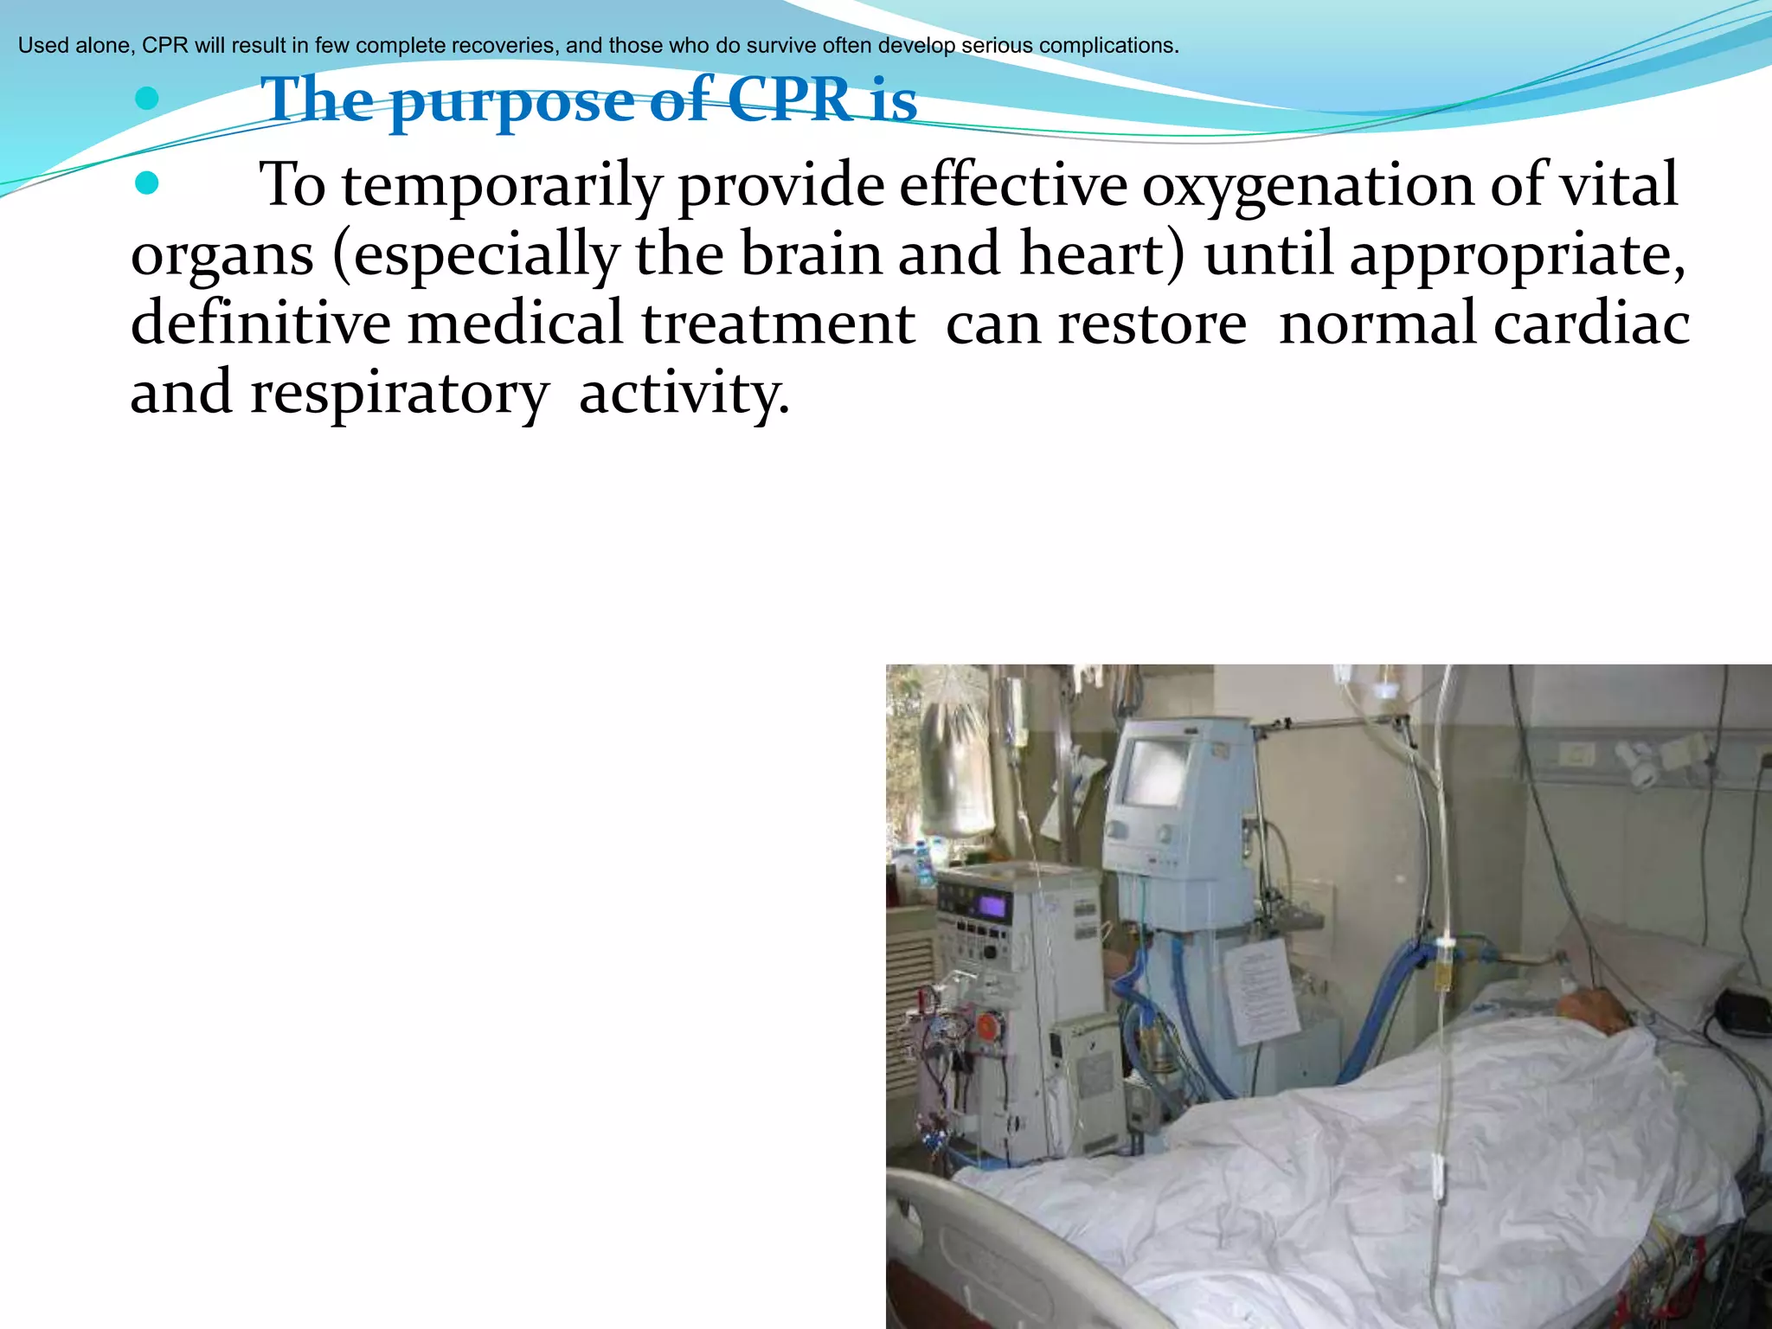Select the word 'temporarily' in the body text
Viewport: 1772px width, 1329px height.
pos(502,186)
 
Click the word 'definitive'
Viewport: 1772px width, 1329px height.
pos(260,323)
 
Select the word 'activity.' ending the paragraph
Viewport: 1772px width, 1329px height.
pos(684,393)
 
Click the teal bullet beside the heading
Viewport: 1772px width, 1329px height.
pos(147,99)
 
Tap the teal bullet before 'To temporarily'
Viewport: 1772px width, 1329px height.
pos(147,183)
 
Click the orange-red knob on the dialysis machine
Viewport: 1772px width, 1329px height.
pos(987,1026)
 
